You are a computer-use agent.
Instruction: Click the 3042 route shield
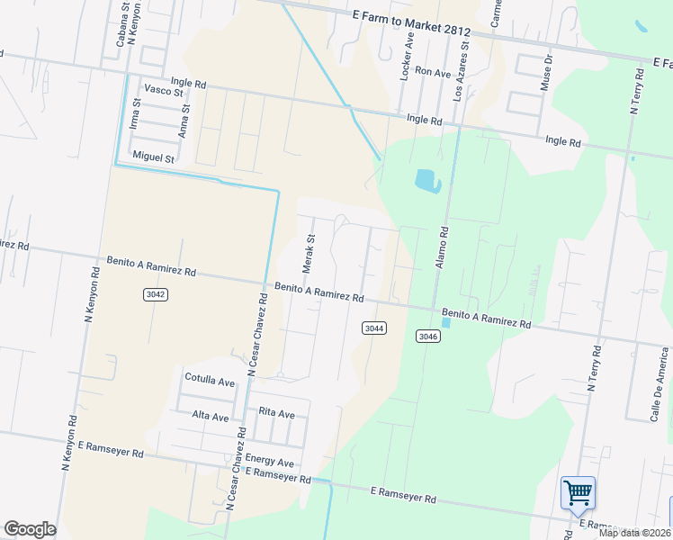coord(155,294)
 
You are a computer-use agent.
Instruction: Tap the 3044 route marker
coord(374,328)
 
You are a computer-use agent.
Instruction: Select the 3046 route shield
coord(428,336)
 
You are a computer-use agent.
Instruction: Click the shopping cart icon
coord(578,493)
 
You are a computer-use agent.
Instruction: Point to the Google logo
coord(30,529)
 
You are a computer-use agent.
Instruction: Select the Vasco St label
coord(165,92)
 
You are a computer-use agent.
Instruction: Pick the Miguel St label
coord(153,157)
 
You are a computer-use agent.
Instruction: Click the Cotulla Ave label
coord(209,381)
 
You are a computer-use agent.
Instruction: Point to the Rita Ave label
coord(276,413)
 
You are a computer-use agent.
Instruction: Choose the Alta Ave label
coord(211,415)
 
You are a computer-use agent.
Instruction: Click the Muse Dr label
coord(546,72)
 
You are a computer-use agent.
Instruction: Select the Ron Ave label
coord(433,72)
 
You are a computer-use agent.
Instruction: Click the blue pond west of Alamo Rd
coord(427,181)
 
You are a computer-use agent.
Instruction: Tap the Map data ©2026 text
coord(633,532)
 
